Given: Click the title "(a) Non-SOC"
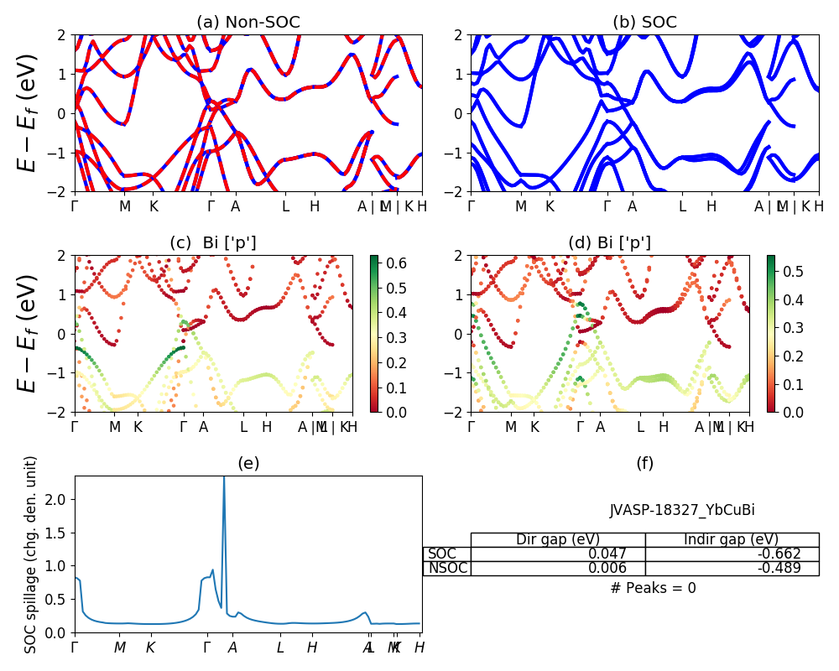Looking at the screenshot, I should pyautogui.click(x=248, y=23).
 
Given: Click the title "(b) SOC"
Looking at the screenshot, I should pyautogui.click(x=644, y=23).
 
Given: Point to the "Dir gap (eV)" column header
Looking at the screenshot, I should pyautogui.click(x=557, y=539).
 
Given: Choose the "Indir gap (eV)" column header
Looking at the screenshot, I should pyautogui.click(x=732, y=539).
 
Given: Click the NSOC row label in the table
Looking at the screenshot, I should pyautogui.click(x=447, y=568).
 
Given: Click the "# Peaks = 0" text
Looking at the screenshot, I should pyautogui.click(x=653, y=588).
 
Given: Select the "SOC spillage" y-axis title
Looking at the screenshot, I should pyautogui.click(x=31, y=554).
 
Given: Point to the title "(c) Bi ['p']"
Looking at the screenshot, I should pyautogui.click(x=213, y=243).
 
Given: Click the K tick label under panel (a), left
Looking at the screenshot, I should pyautogui.click(x=154, y=205).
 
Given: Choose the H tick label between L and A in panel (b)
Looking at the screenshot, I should pyautogui.click(x=711, y=205).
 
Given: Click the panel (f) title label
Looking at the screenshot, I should pyautogui.click(x=644, y=463).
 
